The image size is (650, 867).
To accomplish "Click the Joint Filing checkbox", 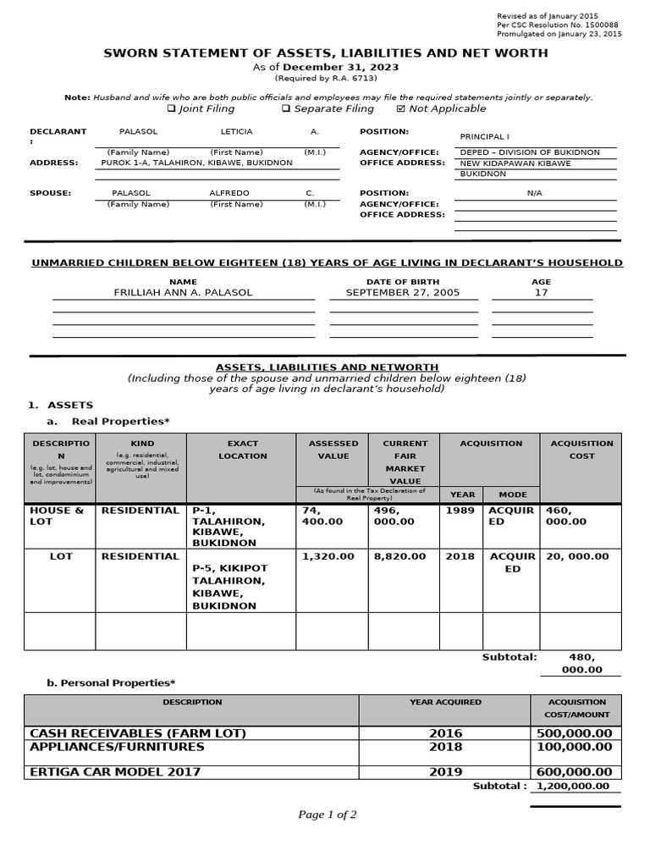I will click(171, 109).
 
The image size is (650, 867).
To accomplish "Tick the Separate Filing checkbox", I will click(286, 109).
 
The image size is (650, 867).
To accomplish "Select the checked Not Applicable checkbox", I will click(400, 109).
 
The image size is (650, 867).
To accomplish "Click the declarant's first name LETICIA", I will click(236, 132).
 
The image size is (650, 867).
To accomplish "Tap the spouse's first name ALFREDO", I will click(229, 193).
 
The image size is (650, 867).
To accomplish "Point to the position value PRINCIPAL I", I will click(484, 136).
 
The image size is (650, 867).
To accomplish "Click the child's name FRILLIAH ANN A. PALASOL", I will click(183, 293).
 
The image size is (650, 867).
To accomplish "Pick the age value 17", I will click(541, 293).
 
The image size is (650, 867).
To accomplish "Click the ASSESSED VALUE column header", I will click(333, 450).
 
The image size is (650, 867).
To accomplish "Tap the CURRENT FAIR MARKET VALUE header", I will click(405, 461).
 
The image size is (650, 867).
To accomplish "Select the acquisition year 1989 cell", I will click(460, 511).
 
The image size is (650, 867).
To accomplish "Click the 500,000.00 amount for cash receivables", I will click(574, 733).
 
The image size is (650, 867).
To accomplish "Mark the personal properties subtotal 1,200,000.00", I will click(573, 787).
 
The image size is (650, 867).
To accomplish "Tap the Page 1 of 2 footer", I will click(327, 815).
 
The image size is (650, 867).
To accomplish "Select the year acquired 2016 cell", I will click(445, 733).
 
